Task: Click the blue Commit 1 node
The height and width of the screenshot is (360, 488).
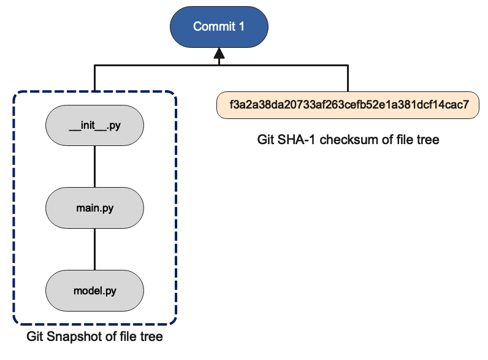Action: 218,26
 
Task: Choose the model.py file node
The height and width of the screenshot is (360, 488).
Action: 94,290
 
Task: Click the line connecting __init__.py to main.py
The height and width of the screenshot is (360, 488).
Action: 94,167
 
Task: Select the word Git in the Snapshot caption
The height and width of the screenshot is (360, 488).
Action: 36,337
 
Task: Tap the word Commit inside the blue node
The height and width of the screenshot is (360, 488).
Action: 213,26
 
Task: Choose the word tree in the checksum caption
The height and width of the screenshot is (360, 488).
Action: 429,140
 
